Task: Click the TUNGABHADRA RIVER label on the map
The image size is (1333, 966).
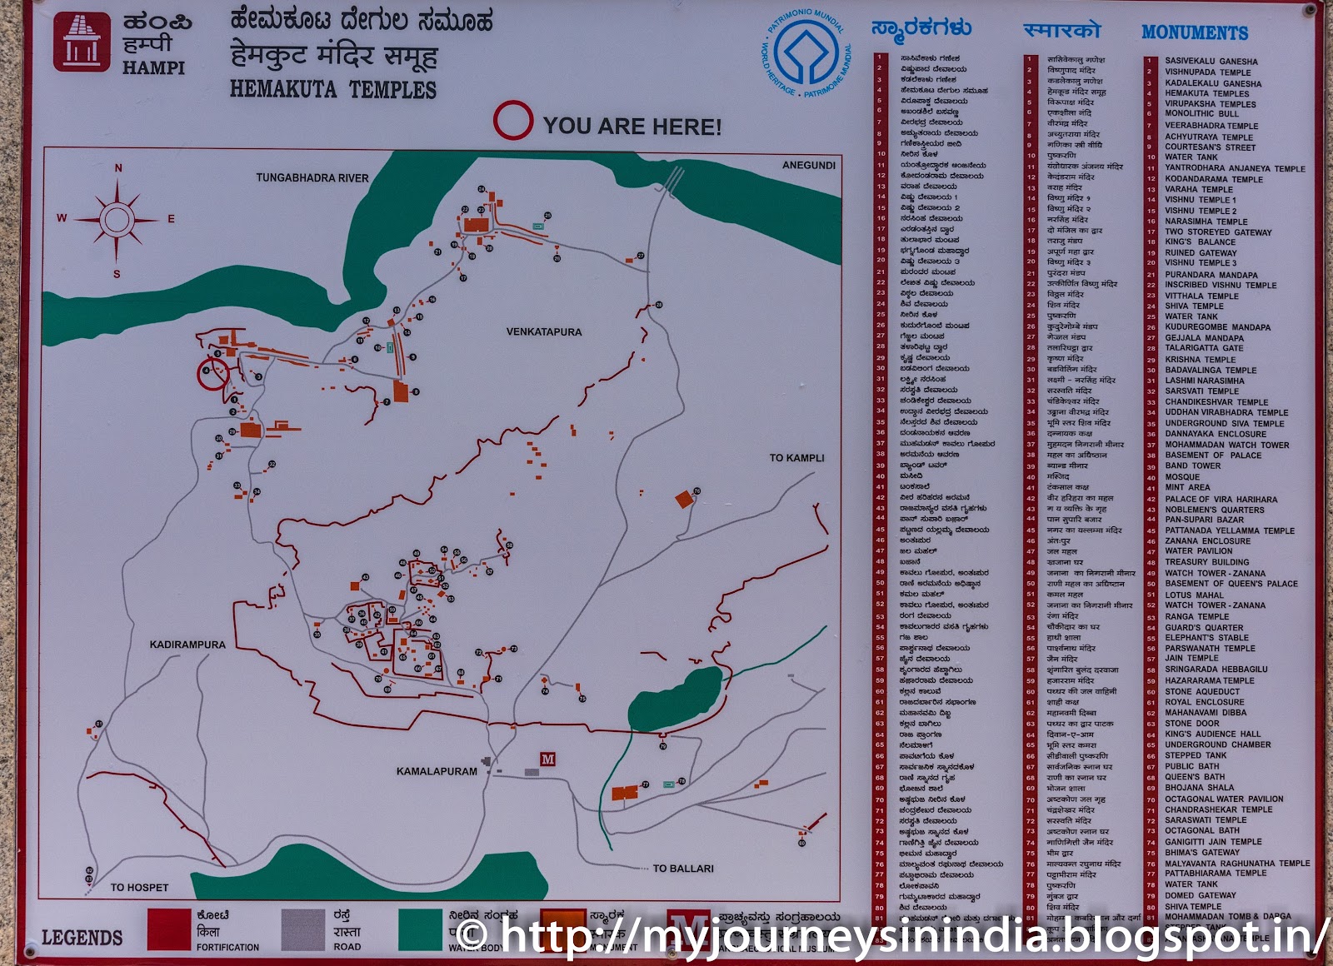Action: click(x=312, y=177)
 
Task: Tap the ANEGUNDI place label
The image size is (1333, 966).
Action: click(x=808, y=165)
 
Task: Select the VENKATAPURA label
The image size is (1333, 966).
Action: click(x=544, y=331)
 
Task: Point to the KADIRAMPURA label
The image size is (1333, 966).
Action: click(x=187, y=645)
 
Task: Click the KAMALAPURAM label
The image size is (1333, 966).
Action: click(x=437, y=771)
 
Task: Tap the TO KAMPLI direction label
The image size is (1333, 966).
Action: click(x=796, y=458)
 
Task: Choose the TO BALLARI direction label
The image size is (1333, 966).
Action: click(x=683, y=869)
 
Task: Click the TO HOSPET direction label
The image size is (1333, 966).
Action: click(x=139, y=888)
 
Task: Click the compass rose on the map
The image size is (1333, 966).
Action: click(x=117, y=220)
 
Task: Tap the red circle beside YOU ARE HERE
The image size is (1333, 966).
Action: click(x=512, y=121)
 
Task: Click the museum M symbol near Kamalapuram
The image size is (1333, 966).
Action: click(x=548, y=759)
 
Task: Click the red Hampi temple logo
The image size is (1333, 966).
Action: click(x=82, y=41)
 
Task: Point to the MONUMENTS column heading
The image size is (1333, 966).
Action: click(x=1195, y=32)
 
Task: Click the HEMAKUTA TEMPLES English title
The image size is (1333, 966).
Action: click(x=333, y=89)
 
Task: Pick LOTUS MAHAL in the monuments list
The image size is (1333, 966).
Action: click(x=1194, y=595)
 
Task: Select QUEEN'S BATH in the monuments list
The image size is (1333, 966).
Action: click(x=1195, y=777)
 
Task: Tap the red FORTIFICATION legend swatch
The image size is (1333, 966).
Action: click(x=169, y=929)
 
